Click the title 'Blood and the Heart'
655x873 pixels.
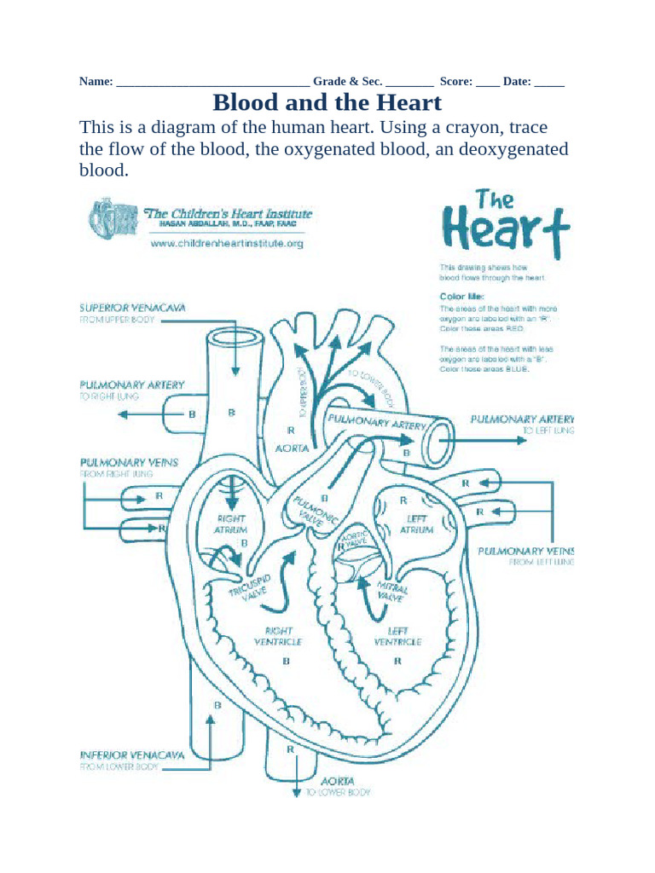tap(327, 103)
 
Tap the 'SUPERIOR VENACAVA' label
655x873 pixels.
tap(132, 307)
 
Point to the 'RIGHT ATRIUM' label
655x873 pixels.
tap(230, 523)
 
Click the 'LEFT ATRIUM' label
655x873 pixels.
tap(417, 523)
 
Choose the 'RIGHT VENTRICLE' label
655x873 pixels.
tap(278, 636)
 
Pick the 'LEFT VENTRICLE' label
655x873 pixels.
tap(397, 636)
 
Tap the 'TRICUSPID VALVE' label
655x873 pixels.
tap(249, 580)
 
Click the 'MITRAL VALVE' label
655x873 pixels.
tap(391, 592)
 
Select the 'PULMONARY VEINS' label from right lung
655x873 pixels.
tap(129, 462)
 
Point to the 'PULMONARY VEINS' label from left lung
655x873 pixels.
tap(526, 551)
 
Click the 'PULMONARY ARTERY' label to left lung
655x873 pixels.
tap(522, 419)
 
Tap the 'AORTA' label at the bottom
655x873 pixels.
tap(338, 781)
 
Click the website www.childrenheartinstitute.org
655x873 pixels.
tap(227, 243)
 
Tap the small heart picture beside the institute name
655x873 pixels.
tap(111, 218)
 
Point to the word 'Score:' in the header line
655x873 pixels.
tap(456, 82)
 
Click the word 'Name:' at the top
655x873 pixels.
tap(96, 82)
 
